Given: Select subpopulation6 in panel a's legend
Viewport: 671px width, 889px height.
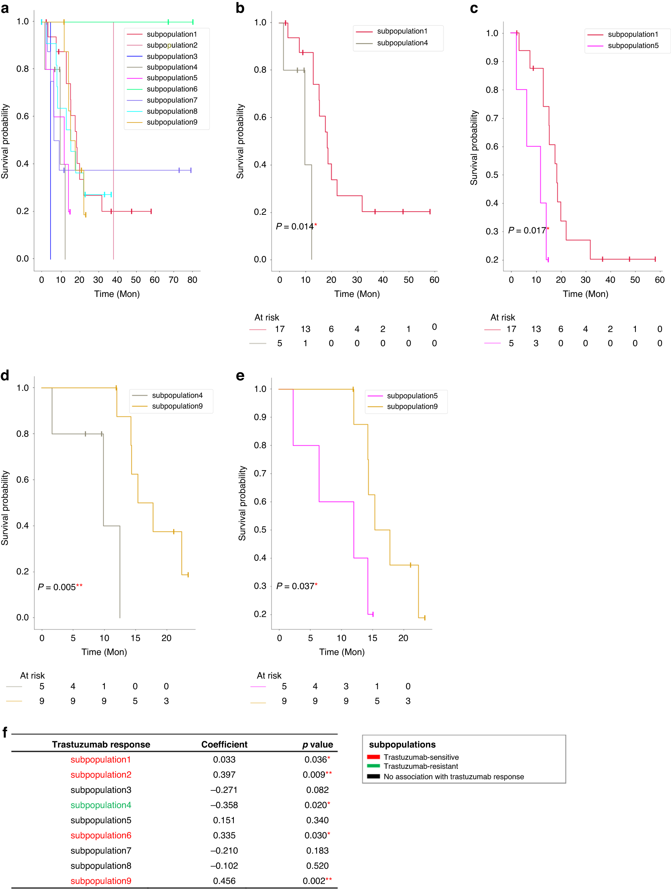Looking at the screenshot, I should click(x=172, y=89).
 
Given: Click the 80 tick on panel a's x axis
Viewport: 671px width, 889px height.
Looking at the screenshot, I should click(x=192, y=280).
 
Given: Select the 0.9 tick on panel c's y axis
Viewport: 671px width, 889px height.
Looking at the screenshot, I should click(x=492, y=61).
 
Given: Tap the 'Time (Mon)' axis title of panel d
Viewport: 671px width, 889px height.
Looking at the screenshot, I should click(x=104, y=652).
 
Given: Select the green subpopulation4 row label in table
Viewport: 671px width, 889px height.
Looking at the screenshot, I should click(x=101, y=805).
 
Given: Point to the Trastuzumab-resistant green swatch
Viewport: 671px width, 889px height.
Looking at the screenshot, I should click(x=373, y=766).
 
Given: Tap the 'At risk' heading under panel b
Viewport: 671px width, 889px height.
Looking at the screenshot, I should click(x=266, y=317).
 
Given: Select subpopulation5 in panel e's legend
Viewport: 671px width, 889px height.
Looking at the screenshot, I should click(x=412, y=396).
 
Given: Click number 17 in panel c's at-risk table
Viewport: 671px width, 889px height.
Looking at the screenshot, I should click(x=511, y=329).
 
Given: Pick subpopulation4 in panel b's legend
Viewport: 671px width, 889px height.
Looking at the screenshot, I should click(x=402, y=43).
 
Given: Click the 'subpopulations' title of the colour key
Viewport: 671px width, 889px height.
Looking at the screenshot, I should click(x=402, y=744).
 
